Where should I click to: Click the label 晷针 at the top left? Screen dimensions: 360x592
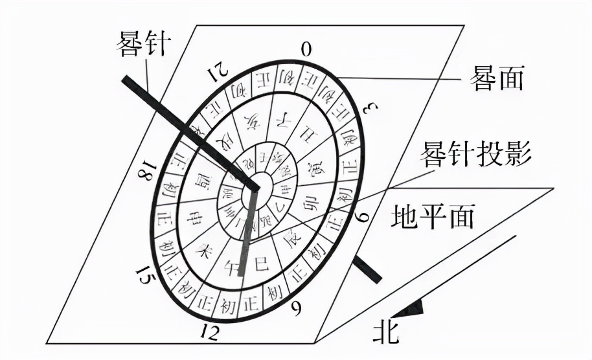143,43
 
